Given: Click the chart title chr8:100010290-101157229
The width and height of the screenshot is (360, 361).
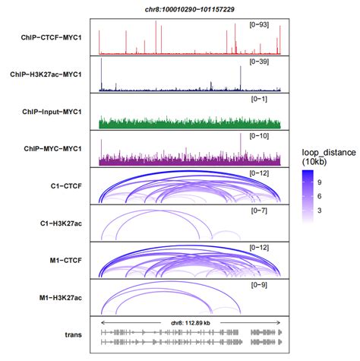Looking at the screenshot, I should pos(188,7).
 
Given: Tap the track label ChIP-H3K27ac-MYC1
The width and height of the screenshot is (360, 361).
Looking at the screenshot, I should pos(49,74).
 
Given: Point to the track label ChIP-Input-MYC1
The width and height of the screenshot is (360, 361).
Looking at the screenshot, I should pos(53,112).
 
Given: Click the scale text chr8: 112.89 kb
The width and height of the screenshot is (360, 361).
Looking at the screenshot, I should pos(189,323).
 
